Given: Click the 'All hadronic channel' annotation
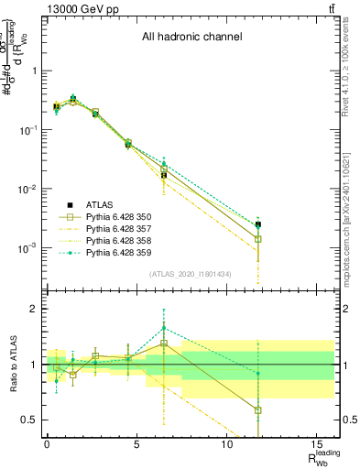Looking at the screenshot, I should pos(191,38).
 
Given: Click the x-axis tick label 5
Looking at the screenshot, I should pos(136,443).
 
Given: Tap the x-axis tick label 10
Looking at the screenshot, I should pos(226,443).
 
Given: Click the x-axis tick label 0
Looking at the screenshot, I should pos(47,443).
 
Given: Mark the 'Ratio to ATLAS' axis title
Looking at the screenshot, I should pos(12,364).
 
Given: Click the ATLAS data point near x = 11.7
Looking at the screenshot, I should pos(258,224).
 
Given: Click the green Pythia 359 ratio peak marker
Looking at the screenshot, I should pos(164,328).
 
